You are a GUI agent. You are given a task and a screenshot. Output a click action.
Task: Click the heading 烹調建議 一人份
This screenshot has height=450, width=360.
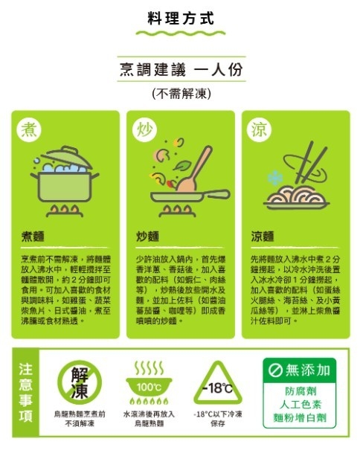(x=180, y=70)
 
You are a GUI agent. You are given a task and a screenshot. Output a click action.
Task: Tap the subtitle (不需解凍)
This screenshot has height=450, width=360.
(x=180, y=94)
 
